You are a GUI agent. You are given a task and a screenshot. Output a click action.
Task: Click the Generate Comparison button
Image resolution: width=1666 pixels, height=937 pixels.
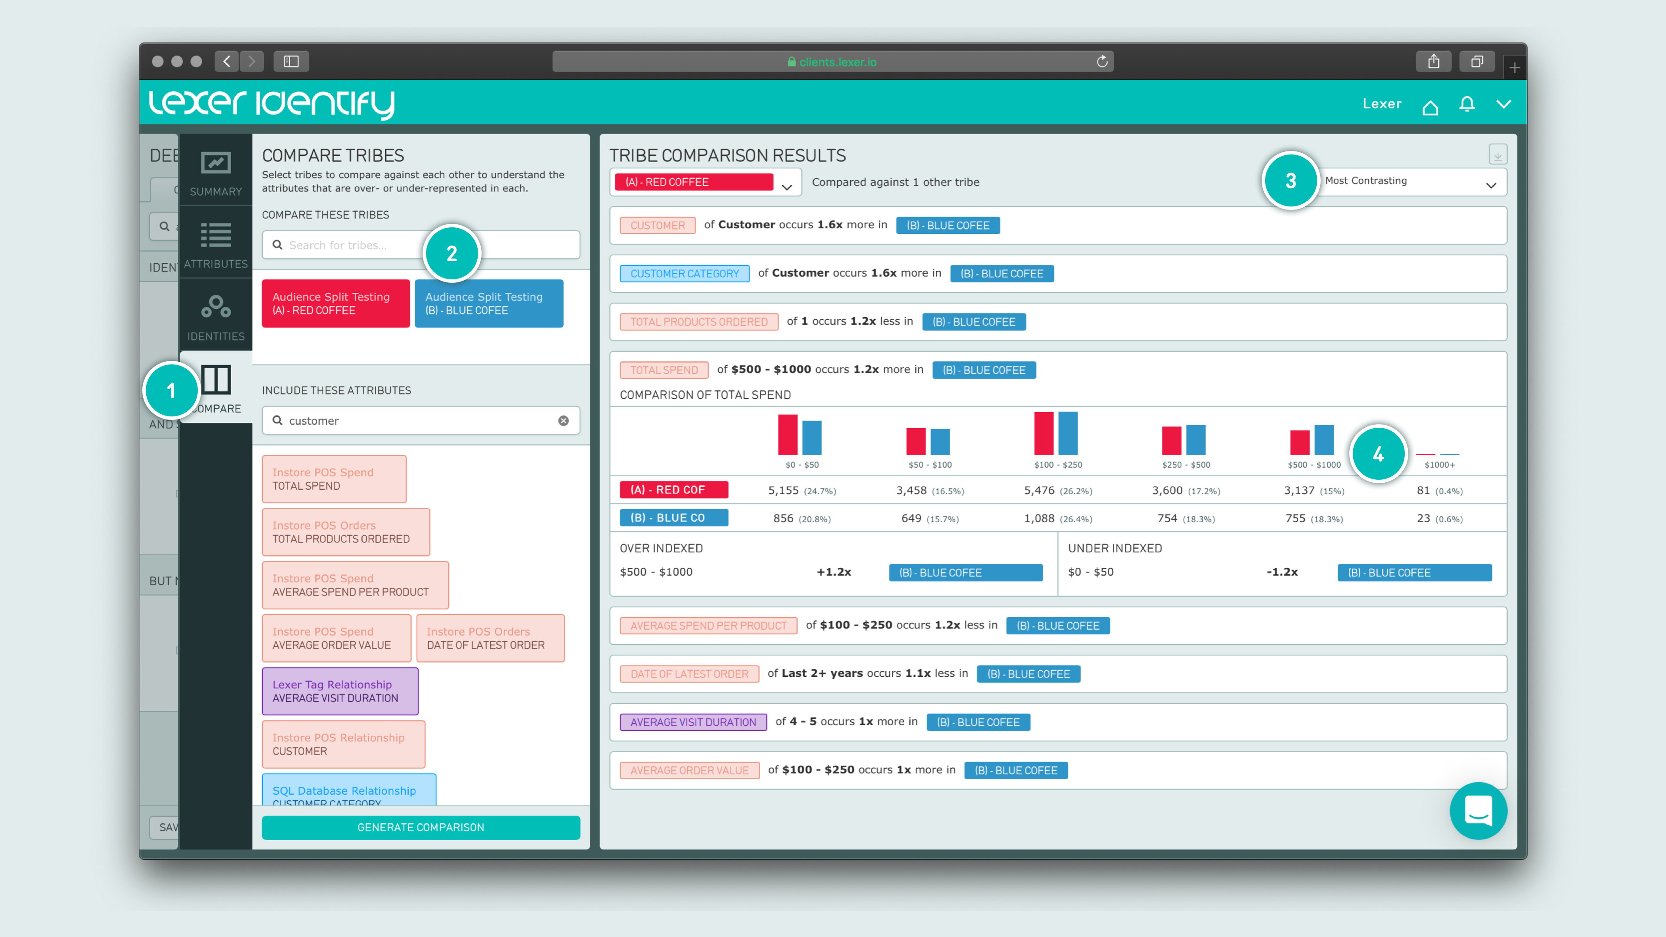[420, 827]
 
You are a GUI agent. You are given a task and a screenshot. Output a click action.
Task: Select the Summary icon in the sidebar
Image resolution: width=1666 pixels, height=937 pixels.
[215, 171]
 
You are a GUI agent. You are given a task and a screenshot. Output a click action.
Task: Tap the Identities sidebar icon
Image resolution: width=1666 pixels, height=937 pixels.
[215, 315]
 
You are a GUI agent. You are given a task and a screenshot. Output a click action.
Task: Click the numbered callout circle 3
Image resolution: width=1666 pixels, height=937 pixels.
[1290, 180]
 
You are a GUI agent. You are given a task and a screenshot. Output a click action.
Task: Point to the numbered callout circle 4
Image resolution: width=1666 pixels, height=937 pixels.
[1378, 454]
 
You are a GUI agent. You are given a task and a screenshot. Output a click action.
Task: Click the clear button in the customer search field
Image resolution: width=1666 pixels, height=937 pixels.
[563, 420]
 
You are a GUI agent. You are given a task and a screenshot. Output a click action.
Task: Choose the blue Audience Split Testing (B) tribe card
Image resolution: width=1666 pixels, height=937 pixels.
[488, 303]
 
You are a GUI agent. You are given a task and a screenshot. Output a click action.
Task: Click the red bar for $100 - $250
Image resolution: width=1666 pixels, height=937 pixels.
[1043, 433]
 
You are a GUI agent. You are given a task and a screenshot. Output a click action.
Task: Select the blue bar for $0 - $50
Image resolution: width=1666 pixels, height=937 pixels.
[812, 438]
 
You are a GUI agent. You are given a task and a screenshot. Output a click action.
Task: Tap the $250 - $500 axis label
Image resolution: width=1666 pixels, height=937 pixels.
[1185, 465]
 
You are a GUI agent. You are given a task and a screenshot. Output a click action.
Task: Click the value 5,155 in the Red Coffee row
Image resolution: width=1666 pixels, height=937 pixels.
[783, 490]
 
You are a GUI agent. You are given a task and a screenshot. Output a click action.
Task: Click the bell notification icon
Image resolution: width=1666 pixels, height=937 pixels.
[1467, 104]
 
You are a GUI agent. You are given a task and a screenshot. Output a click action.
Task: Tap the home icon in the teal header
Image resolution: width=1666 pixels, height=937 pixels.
[1430, 106]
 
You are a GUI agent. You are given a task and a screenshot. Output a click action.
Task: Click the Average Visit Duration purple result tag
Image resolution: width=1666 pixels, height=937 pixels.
[693, 722]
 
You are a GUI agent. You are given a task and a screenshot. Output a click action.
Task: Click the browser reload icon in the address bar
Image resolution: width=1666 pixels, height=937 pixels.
[1102, 62]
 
